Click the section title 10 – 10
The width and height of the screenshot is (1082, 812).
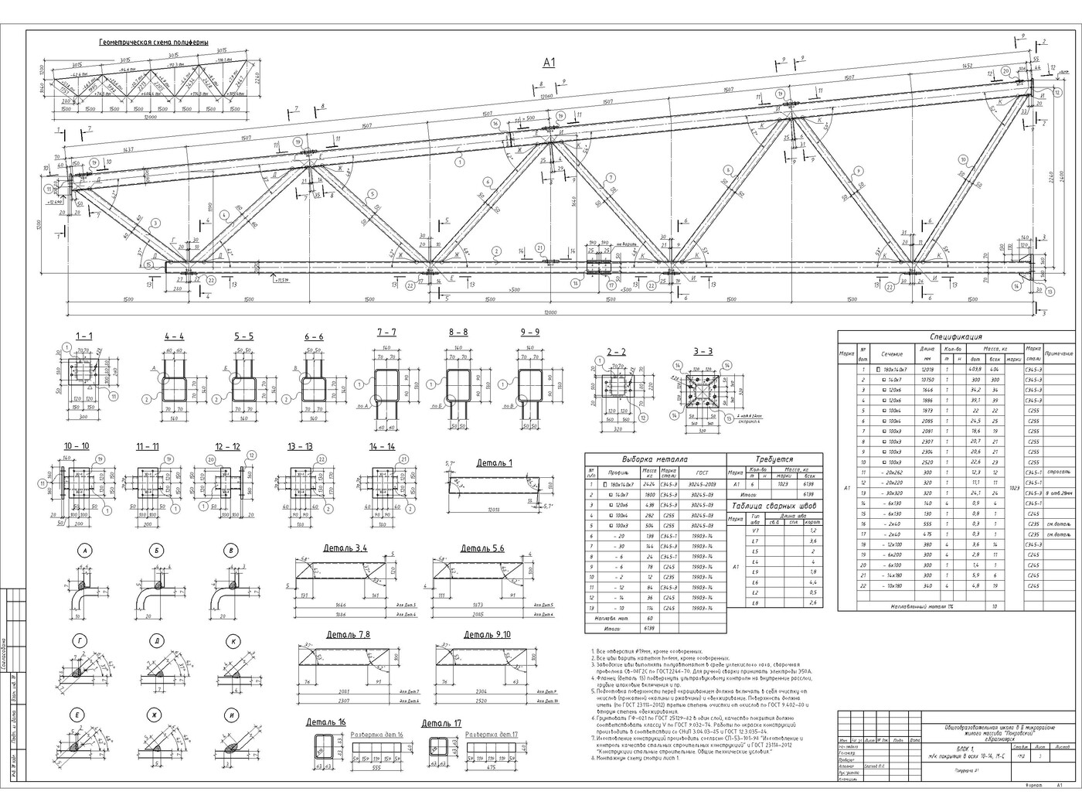(x=77, y=447)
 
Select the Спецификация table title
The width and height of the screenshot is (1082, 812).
(x=955, y=337)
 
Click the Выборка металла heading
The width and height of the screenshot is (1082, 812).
(x=655, y=459)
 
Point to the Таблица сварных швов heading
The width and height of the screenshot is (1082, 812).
(x=775, y=507)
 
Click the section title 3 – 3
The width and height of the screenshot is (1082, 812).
(x=703, y=351)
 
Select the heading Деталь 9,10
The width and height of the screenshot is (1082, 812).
(x=487, y=634)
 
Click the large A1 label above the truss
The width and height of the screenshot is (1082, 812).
(x=549, y=63)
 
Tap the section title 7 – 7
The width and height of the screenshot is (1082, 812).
(x=386, y=332)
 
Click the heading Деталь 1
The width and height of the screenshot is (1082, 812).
(x=494, y=462)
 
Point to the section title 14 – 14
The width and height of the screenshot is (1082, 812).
(x=382, y=447)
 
